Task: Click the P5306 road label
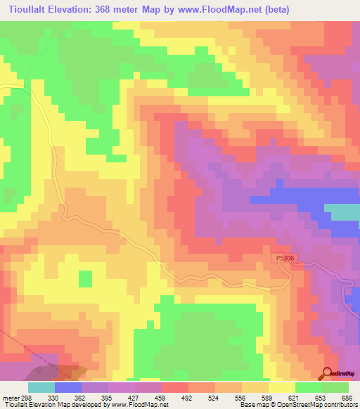(x=285, y=259)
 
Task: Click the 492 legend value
(x=186, y=398)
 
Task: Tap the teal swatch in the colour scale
(x=41, y=387)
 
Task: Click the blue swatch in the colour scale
(x=67, y=387)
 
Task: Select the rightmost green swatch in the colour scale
(x=335, y=387)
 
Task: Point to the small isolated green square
(x=85, y=278)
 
